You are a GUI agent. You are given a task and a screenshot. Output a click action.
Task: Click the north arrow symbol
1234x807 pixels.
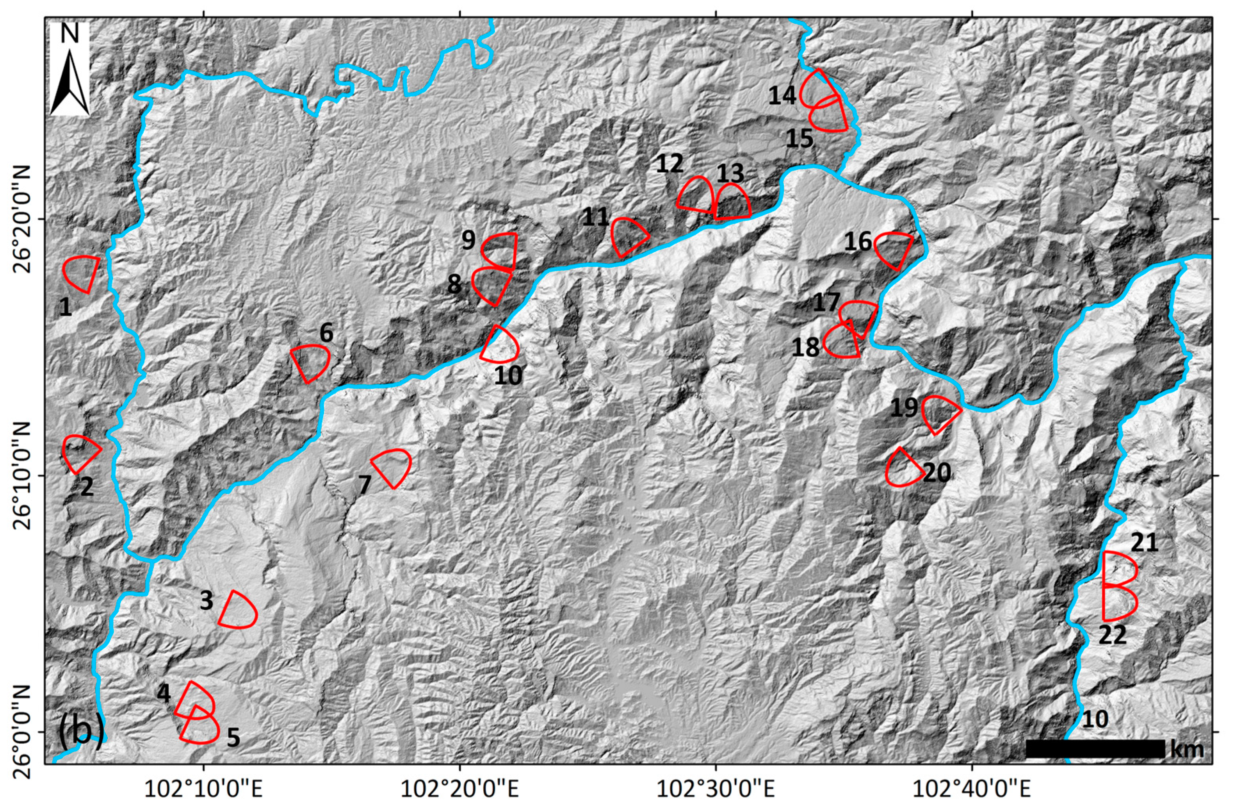pyautogui.click(x=69, y=80)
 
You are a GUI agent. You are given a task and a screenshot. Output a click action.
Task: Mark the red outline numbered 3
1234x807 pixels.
pyautogui.click(x=239, y=610)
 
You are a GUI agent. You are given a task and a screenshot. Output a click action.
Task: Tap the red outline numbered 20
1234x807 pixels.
pyautogui.click(x=903, y=468)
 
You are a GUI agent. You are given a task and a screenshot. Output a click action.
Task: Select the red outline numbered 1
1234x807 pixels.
pyautogui.click(x=82, y=273)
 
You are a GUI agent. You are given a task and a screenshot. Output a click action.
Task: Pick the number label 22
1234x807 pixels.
pyautogui.click(x=1113, y=636)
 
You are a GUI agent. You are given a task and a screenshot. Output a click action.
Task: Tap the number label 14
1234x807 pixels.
pyautogui.click(x=782, y=96)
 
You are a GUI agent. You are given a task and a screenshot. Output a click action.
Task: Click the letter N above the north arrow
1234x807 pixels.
pyautogui.click(x=69, y=34)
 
